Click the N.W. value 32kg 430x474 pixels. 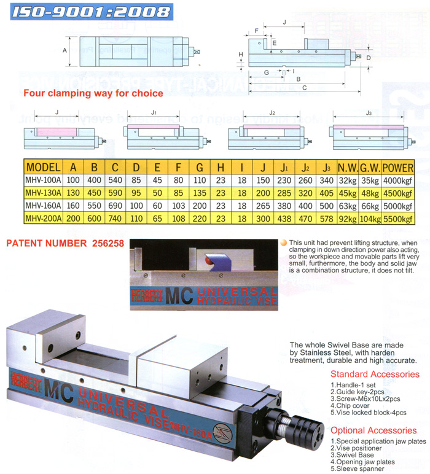pos(348,180)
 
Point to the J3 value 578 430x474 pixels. pos(327,218)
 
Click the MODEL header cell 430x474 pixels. pos(43,167)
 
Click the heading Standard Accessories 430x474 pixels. pos(375,374)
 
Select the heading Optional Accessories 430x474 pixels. pos(373,430)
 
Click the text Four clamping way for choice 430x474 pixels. pos(93,93)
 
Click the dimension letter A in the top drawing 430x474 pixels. pos(64,51)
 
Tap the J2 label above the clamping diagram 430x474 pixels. pos(272,112)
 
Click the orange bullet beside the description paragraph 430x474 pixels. pos(283,243)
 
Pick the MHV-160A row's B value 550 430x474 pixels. pos(93,205)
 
